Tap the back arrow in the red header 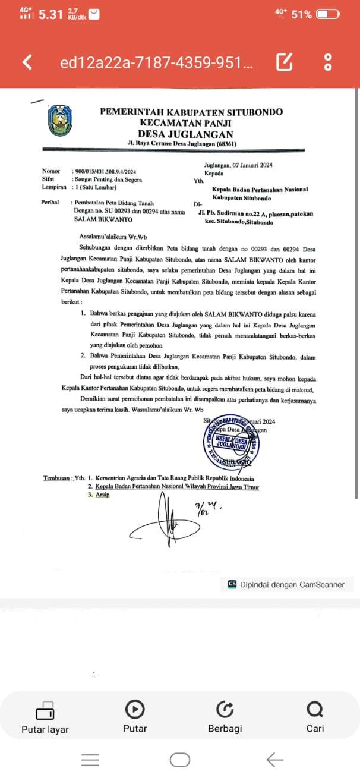coord(27,62)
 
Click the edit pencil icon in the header coord(285,62)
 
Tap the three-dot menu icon coord(327,62)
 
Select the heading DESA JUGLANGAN coord(185,134)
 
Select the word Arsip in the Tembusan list coord(103,495)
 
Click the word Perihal coord(50,202)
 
